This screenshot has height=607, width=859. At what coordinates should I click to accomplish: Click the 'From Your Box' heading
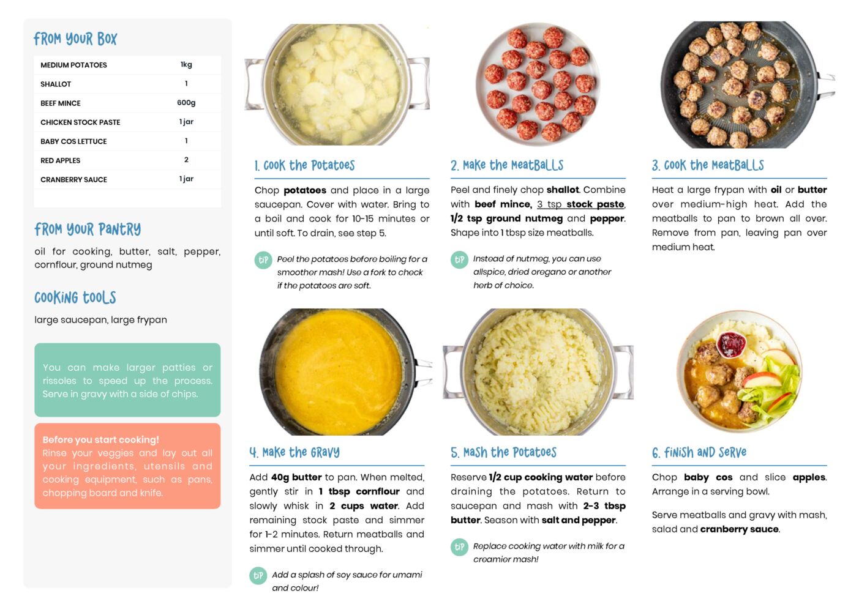point(75,39)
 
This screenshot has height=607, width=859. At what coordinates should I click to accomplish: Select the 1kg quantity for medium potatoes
point(186,64)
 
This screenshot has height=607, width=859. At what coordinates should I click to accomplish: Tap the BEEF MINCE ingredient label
point(61,103)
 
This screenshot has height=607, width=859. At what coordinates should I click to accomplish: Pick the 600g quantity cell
point(186,103)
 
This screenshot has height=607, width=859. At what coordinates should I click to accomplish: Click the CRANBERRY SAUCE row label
point(73,179)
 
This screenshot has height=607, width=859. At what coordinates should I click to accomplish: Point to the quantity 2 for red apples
point(186,160)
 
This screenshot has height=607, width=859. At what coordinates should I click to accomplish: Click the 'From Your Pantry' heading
point(88,229)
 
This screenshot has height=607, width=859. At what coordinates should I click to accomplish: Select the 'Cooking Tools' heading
point(75,297)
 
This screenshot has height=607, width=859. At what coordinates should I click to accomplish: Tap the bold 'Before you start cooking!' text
point(101,439)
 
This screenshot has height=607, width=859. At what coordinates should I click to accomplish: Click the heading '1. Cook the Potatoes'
point(304,165)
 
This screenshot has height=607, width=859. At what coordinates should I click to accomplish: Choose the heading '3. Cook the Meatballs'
point(708,165)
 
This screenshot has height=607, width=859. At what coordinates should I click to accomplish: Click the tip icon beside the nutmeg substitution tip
point(459,259)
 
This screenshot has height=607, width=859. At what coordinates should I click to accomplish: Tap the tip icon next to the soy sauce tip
point(258,575)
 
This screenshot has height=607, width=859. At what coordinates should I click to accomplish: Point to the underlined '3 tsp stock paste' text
point(580,204)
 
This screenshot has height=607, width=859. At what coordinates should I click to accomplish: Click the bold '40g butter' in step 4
point(296,477)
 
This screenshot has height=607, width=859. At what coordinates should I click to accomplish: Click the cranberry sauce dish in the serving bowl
point(731,343)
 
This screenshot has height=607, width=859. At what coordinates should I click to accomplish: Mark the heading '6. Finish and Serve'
point(699,452)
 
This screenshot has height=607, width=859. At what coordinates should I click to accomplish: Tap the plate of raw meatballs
point(538,84)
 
